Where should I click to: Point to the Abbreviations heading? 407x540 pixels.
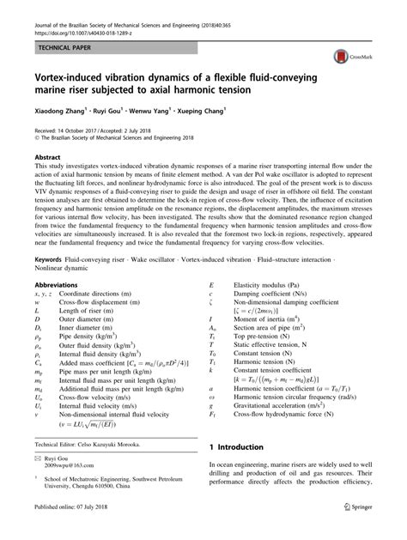click(60, 285)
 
